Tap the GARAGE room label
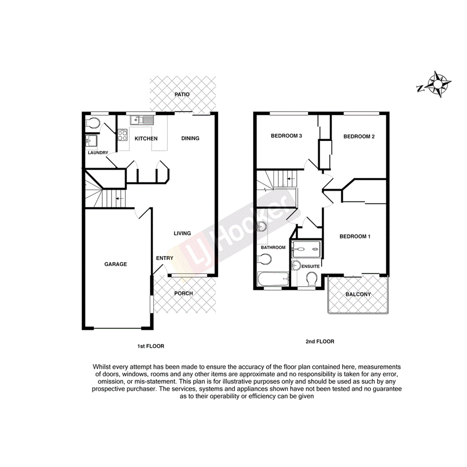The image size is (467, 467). (116, 264)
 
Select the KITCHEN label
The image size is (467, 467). (146, 139)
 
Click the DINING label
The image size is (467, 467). (190, 138)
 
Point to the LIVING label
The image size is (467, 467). (182, 233)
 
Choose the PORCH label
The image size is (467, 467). (183, 293)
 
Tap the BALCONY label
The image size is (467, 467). (358, 294)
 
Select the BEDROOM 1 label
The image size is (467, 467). (355, 237)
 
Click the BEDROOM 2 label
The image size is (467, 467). (359, 136)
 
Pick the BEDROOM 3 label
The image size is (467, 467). (286, 136)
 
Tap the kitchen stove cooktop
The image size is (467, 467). (123, 134)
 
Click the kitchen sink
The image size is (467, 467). (136, 120)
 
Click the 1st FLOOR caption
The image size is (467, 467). (151, 346)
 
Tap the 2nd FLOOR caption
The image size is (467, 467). (320, 342)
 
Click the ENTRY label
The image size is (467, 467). (164, 258)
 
